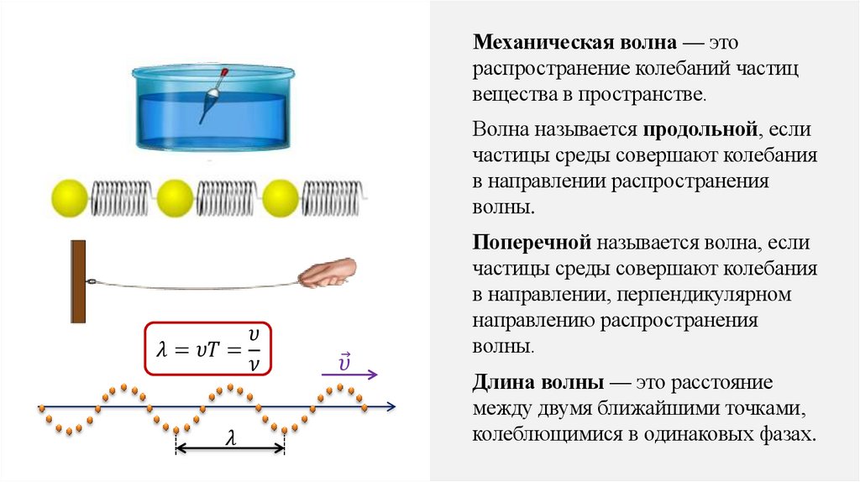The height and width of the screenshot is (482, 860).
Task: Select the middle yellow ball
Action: pos(176,199)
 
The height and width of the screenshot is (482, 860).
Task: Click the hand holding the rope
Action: pos(329,273)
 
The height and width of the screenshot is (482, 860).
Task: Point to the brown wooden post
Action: pos(78,281)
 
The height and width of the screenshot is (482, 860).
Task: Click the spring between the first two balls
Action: pos(122,199)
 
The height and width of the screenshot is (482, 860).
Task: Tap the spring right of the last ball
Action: pos(333,199)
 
